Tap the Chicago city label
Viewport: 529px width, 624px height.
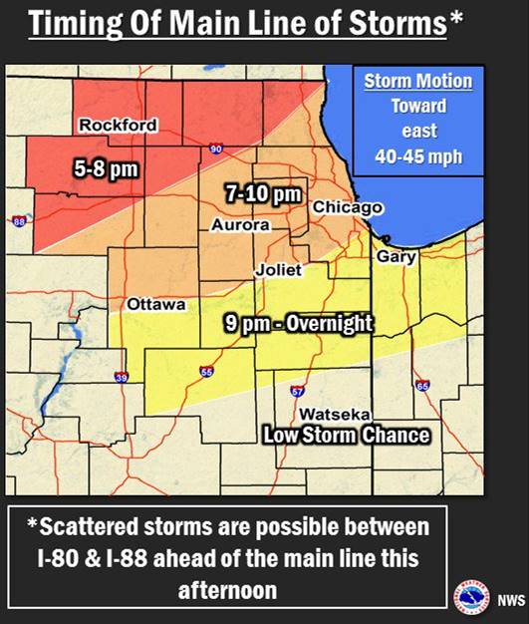(x=348, y=206)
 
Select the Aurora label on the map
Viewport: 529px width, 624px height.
(x=240, y=226)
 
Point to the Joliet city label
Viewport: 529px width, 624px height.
(x=279, y=270)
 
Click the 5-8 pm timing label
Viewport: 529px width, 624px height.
(x=106, y=170)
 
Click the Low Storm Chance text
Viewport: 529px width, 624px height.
(x=346, y=435)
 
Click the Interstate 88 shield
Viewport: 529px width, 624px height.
(x=17, y=221)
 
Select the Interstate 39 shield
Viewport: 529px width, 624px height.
(x=122, y=378)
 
